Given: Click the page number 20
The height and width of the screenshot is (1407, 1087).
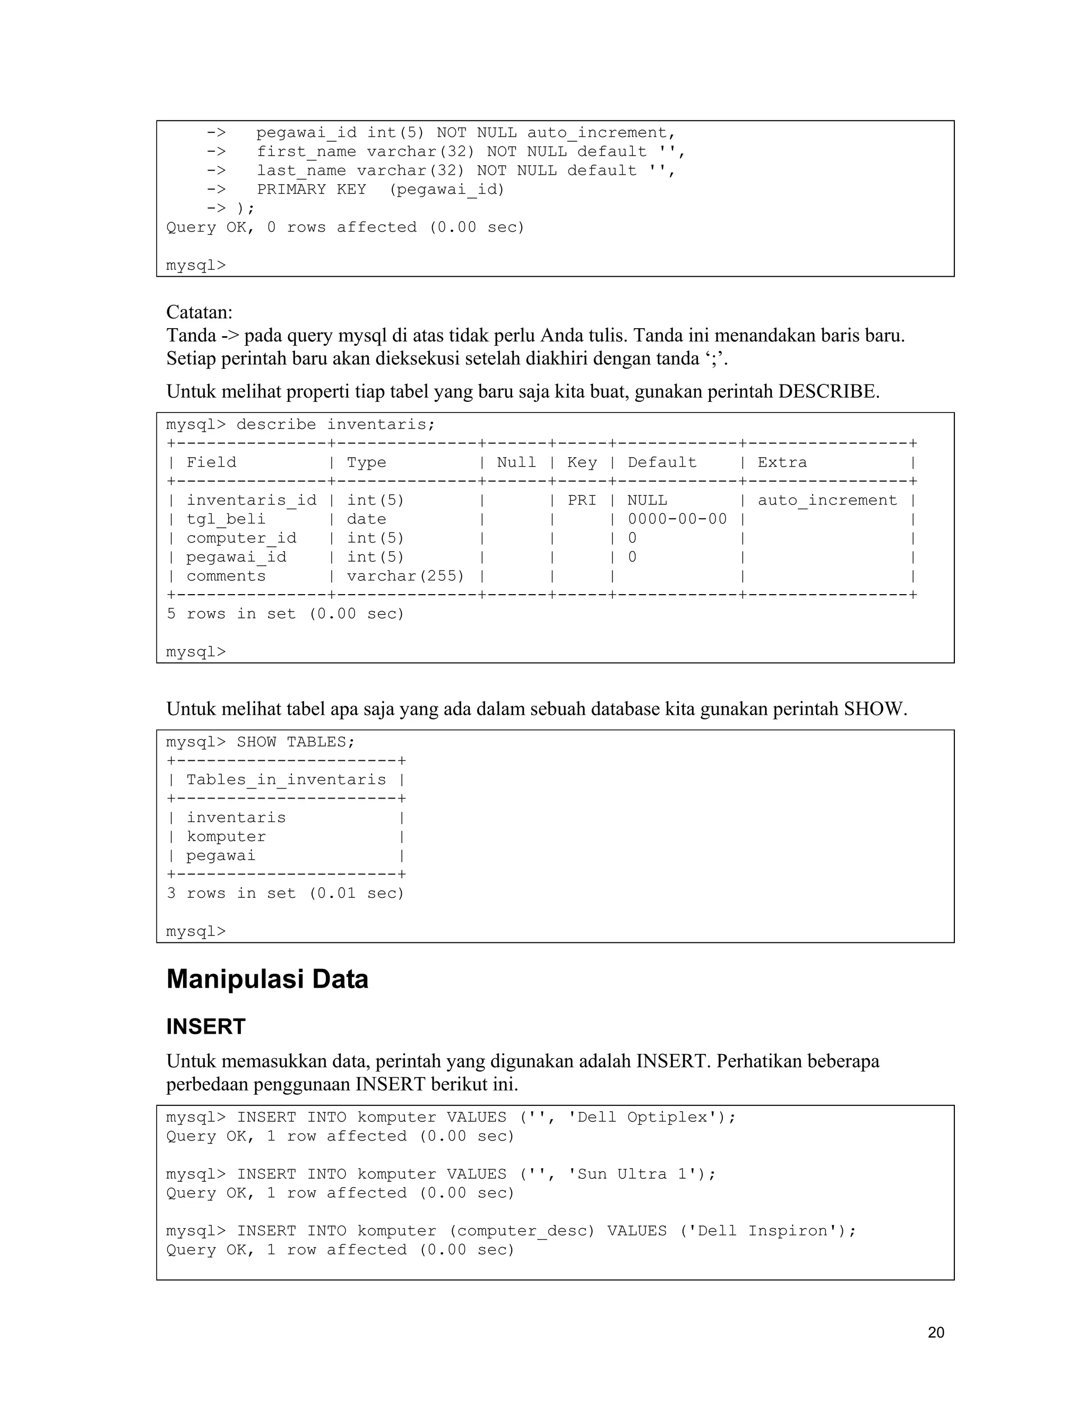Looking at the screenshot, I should (x=936, y=1332).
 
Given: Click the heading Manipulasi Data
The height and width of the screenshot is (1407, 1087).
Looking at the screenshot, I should (x=268, y=979).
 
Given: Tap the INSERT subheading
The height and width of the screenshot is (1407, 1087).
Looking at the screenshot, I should (x=205, y=1026).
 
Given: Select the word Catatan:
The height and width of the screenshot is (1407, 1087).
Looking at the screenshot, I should (x=199, y=312).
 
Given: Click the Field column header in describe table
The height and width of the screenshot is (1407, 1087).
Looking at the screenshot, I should (x=211, y=462).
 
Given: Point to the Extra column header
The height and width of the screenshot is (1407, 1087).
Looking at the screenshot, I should (x=782, y=462).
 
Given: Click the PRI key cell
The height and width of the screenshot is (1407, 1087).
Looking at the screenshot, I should (x=582, y=501).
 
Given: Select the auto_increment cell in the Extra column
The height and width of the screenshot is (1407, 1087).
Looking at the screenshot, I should (x=827, y=501).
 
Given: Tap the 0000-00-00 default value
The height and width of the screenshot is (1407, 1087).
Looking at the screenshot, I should (x=677, y=519).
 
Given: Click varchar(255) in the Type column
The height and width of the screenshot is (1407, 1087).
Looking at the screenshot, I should (x=405, y=576).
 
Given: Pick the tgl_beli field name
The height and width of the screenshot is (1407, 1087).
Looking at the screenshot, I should (x=226, y=519).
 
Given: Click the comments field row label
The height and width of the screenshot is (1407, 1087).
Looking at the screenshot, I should (x=226, y=576).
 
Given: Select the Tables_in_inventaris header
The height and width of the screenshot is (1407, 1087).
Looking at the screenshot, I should (x=286, y=779).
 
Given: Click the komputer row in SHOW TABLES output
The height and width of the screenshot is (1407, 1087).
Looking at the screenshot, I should (x=226, y=837).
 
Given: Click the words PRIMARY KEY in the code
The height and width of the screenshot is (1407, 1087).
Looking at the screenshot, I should (x=311, y=190).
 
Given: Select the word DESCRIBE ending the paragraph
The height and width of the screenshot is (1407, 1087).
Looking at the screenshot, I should (x=827, y=391).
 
